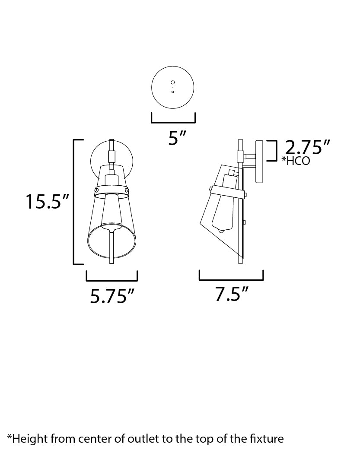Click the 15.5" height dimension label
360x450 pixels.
coord(47,202)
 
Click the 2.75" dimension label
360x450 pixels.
coord(308,148)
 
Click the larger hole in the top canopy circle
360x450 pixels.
coord(173,82)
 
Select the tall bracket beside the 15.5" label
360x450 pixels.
coord(75,202)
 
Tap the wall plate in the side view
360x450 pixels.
coord(259,162)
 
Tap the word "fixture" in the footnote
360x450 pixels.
coord(268,439)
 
